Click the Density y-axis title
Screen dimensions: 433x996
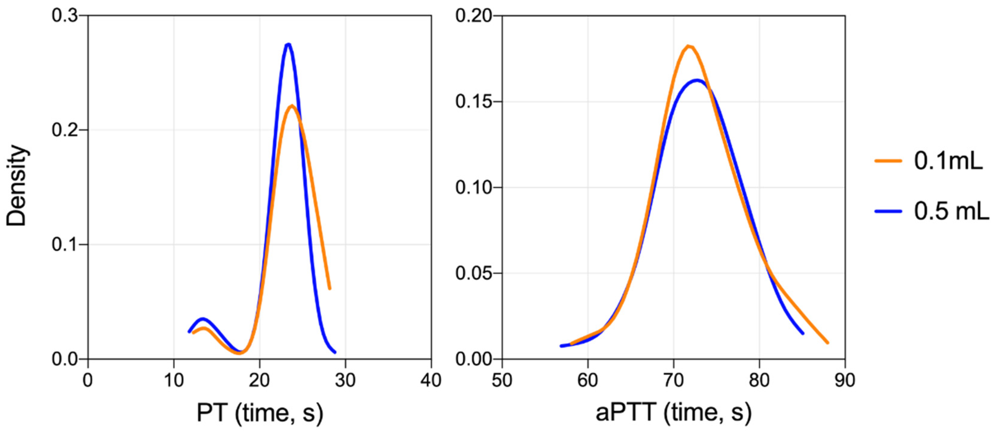coord(16,186)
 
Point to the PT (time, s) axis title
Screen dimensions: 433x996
coord(260,413)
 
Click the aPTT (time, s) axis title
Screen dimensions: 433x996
coord(674,413)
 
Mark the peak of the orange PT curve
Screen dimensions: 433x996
coord(292,106)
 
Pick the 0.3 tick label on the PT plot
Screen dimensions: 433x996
coord(64,16)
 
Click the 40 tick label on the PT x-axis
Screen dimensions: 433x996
coord(431,380)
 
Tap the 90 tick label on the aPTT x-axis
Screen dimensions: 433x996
coord(845,380)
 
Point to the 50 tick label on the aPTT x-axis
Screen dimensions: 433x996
coord(502,380)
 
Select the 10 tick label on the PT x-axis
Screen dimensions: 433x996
coord(174,380)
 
